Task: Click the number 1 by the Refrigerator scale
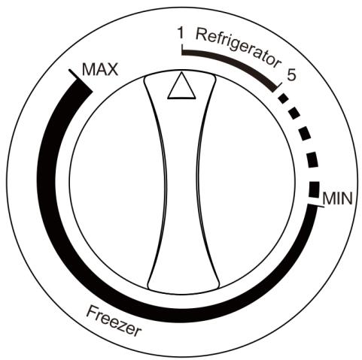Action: (x=180, y=33)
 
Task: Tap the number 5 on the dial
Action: (x=291, y=74)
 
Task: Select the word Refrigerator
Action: (x=238, y=48)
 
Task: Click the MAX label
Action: (x=100, y=69)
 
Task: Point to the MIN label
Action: (x=338, y=198)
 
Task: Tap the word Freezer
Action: (x=114, y=322)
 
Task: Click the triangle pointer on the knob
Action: (x=181, y=86)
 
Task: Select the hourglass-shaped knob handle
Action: (x=181, y=183)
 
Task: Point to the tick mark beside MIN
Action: (x=315, y=206)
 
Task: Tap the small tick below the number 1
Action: (x=182, y=49)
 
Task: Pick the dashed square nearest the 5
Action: (x=284, y=98)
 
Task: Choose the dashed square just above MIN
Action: (x=315, y=189)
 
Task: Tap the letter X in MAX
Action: (x=112, y=70)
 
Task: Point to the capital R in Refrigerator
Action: (x=201, y=34)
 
